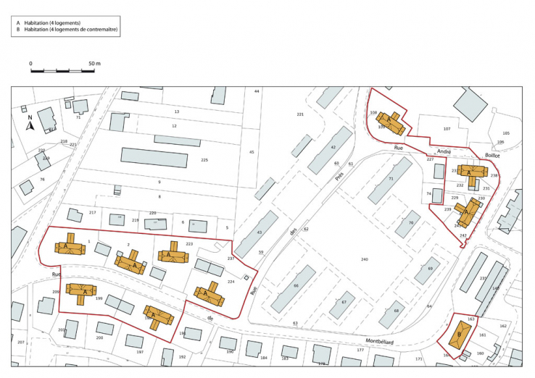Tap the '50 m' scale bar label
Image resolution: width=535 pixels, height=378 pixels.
point(94,64)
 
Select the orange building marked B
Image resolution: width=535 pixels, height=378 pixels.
point(459,334)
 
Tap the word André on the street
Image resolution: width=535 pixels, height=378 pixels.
point(444,151)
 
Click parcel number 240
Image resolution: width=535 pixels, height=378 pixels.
point(365,259)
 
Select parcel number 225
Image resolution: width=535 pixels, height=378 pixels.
point(204,160)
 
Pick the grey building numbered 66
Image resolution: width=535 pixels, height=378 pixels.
point(295,285)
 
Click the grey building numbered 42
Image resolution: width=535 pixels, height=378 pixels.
point(333,148)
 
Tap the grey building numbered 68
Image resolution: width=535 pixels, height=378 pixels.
point(396,311)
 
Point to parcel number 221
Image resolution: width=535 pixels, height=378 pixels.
point(301,116)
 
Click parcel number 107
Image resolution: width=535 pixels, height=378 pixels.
point(447,129)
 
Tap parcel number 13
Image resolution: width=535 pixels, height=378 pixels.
point(176,112)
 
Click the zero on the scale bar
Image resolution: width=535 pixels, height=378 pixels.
point(31,64)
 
